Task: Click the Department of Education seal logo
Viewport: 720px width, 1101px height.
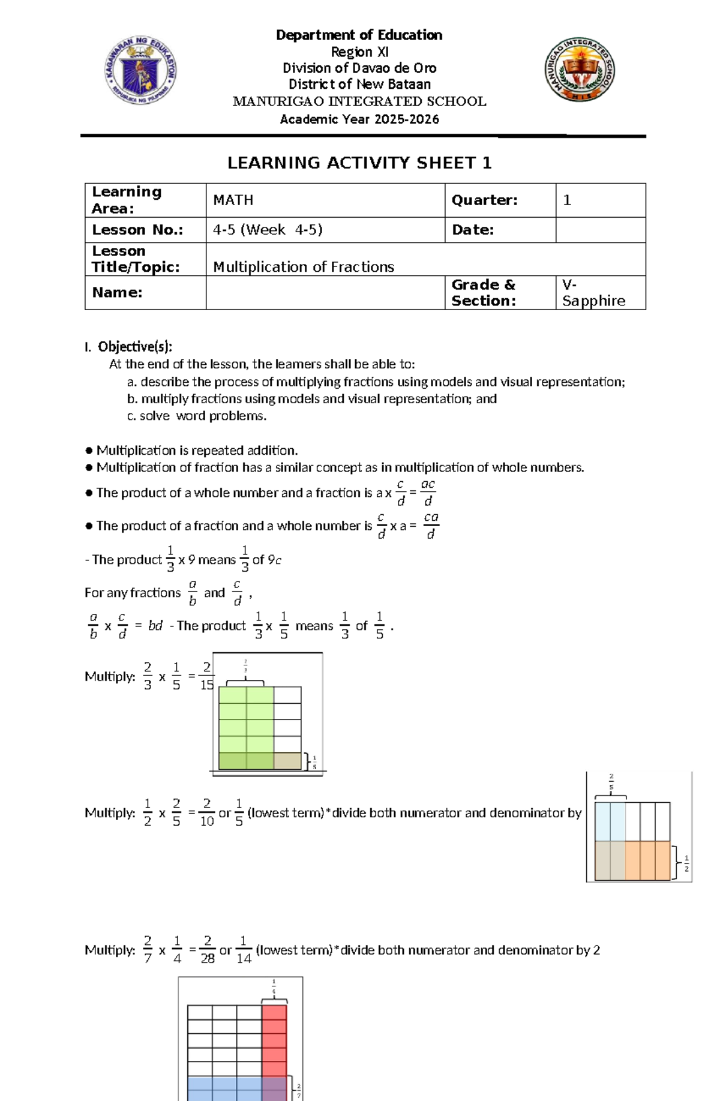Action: click(140, 70)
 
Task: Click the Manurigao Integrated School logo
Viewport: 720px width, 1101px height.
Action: click(580, 69)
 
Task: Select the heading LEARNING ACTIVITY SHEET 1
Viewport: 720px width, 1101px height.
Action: click(359, 163)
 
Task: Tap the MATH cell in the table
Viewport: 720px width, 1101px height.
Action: click(233, 200)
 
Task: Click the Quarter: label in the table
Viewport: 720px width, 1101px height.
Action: click(484, 200)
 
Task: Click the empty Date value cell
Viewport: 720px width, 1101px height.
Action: click(600, 230)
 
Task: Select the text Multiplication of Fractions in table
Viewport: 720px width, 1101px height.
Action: click(304, 267)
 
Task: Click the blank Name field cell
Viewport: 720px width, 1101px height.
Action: click(325, 293)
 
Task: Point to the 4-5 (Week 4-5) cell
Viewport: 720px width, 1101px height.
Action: click(268, 230)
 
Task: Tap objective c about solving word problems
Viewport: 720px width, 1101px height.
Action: click(197, 416)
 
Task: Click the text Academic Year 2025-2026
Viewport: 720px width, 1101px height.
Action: click(359, 119)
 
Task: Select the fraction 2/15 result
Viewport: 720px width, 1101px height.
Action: click(207, 676)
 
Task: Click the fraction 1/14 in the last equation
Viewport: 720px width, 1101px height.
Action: click(244, 950)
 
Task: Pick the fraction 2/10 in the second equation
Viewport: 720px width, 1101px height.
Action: click(207, 813)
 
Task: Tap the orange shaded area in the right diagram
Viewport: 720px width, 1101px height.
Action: click(647, 860)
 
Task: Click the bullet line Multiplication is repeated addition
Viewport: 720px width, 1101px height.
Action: click(197, 451)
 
